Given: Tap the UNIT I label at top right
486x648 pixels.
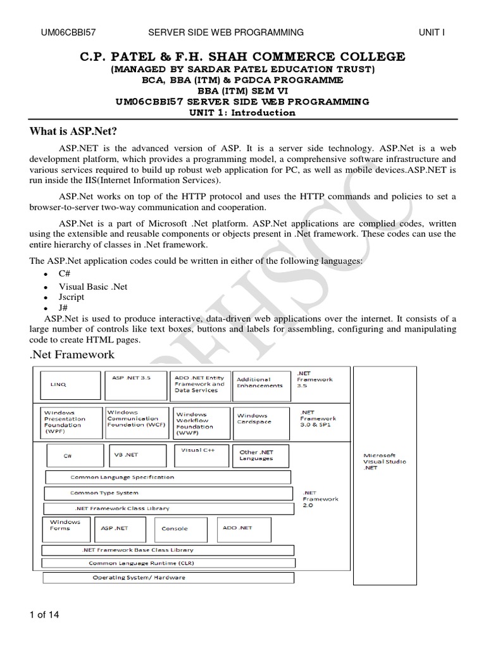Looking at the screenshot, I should [x=432, y=32].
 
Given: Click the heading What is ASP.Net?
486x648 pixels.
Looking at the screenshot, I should [x=74, y=131].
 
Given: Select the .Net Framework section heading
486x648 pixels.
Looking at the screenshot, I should [x=72, y=354].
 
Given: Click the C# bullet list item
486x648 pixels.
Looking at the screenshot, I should [x=66, y=275].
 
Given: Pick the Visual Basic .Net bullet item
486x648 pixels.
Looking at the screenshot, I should [x=93, y=287].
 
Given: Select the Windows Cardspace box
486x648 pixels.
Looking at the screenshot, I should [x=261, y=419].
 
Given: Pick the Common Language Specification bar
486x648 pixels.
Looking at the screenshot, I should [x=168, y=478].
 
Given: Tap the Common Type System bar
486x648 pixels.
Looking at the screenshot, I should [x=168, y=494].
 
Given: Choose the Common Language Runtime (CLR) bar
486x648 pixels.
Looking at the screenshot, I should [x=168, y=563].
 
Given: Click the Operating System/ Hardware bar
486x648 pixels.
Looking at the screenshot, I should [x=168, y=578].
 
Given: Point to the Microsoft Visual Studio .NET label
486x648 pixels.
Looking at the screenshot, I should [x=384, y=461].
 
